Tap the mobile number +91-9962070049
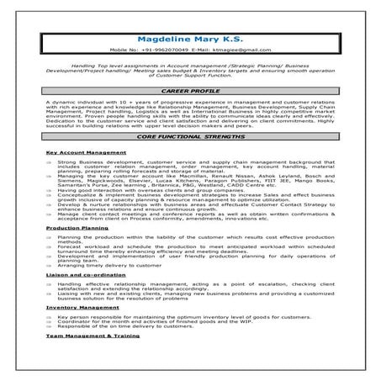coord(164,50)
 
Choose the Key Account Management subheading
coord(86,152)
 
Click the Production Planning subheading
coord(77,227)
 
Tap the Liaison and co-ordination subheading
coord(85,275)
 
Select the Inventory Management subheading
coord(82,308)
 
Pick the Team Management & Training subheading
coord(93,336)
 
